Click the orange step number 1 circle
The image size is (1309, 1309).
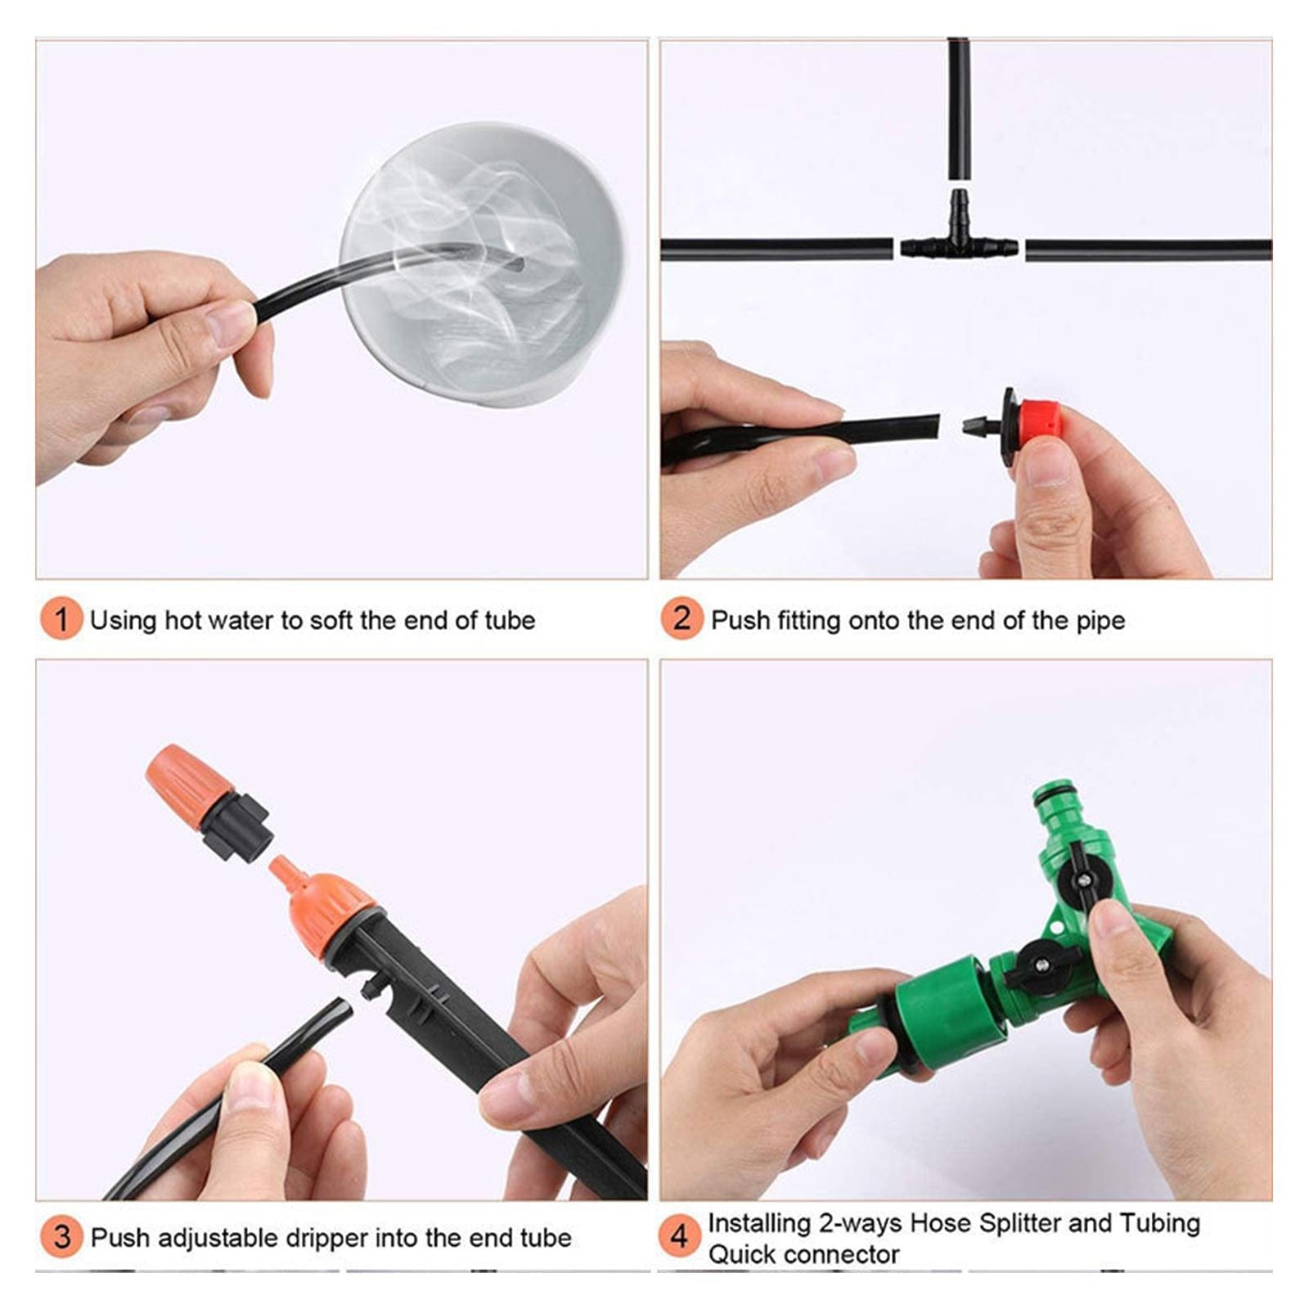click(61, 619)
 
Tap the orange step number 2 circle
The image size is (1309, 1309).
click(681, 619)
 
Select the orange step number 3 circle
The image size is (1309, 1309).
click(61, 1236)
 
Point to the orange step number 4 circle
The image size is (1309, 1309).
click(679, 1236)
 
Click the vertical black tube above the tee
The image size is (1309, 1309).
click(958, 106)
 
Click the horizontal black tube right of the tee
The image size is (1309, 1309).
click(1145, 250)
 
